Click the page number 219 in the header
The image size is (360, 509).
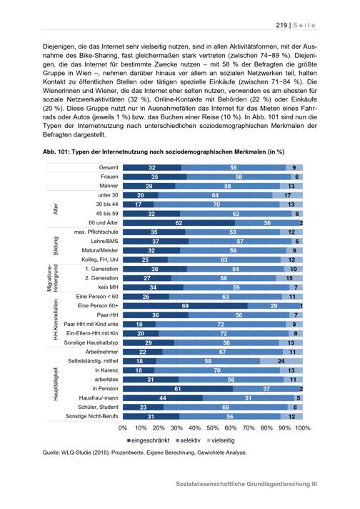tap(281, 25)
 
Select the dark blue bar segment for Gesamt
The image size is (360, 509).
tap(151, 167)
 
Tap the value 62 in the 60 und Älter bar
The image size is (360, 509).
tap(179, 223)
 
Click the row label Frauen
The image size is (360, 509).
tap(109, 177)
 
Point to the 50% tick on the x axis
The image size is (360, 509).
tap(212, 428)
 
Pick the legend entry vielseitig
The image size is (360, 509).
tap(221, 440)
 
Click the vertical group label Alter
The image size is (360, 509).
tap(56, 209)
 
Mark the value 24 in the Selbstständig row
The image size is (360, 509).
tap(281, 361)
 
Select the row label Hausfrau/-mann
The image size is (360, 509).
tap(99, 397)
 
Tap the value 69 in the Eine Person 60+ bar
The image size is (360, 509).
tap(185, 306)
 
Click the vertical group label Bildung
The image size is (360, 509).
tap(56, 246)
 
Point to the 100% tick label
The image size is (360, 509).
tap(302, 428)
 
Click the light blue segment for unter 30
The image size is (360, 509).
tap(287, 195)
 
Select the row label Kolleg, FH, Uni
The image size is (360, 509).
tap(100, 260)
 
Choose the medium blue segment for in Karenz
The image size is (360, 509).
tap(217, 370)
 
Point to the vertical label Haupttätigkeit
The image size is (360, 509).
tap(56, 384)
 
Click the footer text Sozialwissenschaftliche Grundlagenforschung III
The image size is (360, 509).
tap(246, 484)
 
